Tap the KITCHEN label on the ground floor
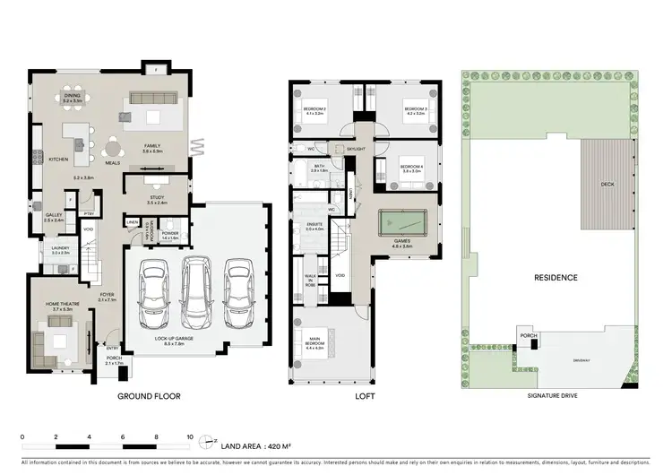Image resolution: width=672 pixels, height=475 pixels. tap(58, 160)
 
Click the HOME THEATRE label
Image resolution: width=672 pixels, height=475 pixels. tap(61, 305)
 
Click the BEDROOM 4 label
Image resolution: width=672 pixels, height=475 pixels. tap(411, 168)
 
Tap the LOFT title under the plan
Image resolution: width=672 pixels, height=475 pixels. tap(365, 395)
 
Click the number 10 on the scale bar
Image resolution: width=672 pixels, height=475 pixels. tap(189, 438)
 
